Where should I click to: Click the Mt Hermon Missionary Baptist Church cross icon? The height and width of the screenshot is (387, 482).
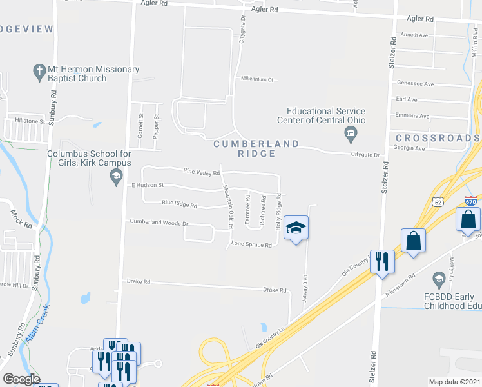click(39, 70)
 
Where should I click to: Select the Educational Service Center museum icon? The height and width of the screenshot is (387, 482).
click(350, 134)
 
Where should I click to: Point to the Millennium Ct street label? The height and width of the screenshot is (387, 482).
click(257, 79)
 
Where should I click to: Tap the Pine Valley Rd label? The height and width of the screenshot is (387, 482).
click(202, 172)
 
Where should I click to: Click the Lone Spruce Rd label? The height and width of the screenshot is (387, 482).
click(247, 244)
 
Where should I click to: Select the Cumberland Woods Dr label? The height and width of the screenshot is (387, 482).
click(159, 222)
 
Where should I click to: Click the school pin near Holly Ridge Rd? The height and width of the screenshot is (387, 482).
click(296, 228)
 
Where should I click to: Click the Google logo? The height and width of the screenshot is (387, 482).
click(21, 379)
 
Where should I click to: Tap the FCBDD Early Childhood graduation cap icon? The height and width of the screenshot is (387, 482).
click(439, 280)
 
